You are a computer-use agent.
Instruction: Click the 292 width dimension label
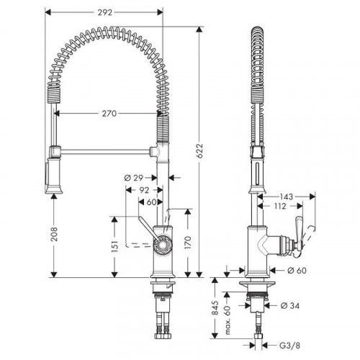click(x=105, y=12)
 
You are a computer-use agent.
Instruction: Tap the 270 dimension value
click(x=109, y=114)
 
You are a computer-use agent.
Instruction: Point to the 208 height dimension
click(x=54, y=234)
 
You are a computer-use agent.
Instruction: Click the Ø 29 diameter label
click(x=134, y=178)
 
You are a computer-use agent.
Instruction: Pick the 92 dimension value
click(x=144, y=190)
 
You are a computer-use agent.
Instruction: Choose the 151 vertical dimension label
click(x=115, y=246)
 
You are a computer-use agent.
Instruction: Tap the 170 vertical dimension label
click(x=188, y=243)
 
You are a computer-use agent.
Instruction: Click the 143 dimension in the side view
click(x=287, y=197)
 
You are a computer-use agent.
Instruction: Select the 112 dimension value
click(x=279, y=206)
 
